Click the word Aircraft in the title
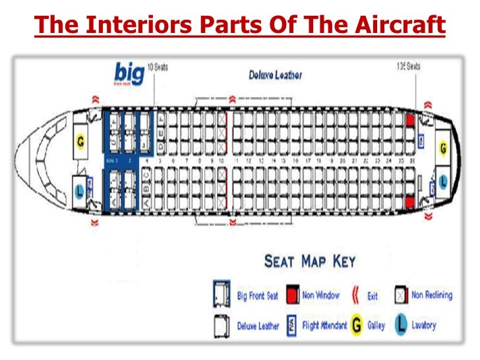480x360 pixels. point(398,26)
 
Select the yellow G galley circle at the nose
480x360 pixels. point(81,140)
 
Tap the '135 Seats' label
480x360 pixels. point(409,66)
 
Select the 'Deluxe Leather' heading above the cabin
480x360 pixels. point(276,75)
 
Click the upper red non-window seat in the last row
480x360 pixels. point(410,121)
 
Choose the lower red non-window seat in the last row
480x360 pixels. point(410,201)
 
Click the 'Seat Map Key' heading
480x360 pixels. point(309,261)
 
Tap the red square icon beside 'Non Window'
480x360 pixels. point(291,295)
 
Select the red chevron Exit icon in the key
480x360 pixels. point(355,295)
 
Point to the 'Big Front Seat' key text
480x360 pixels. point(258,296)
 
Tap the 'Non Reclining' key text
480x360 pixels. point(432,295)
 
